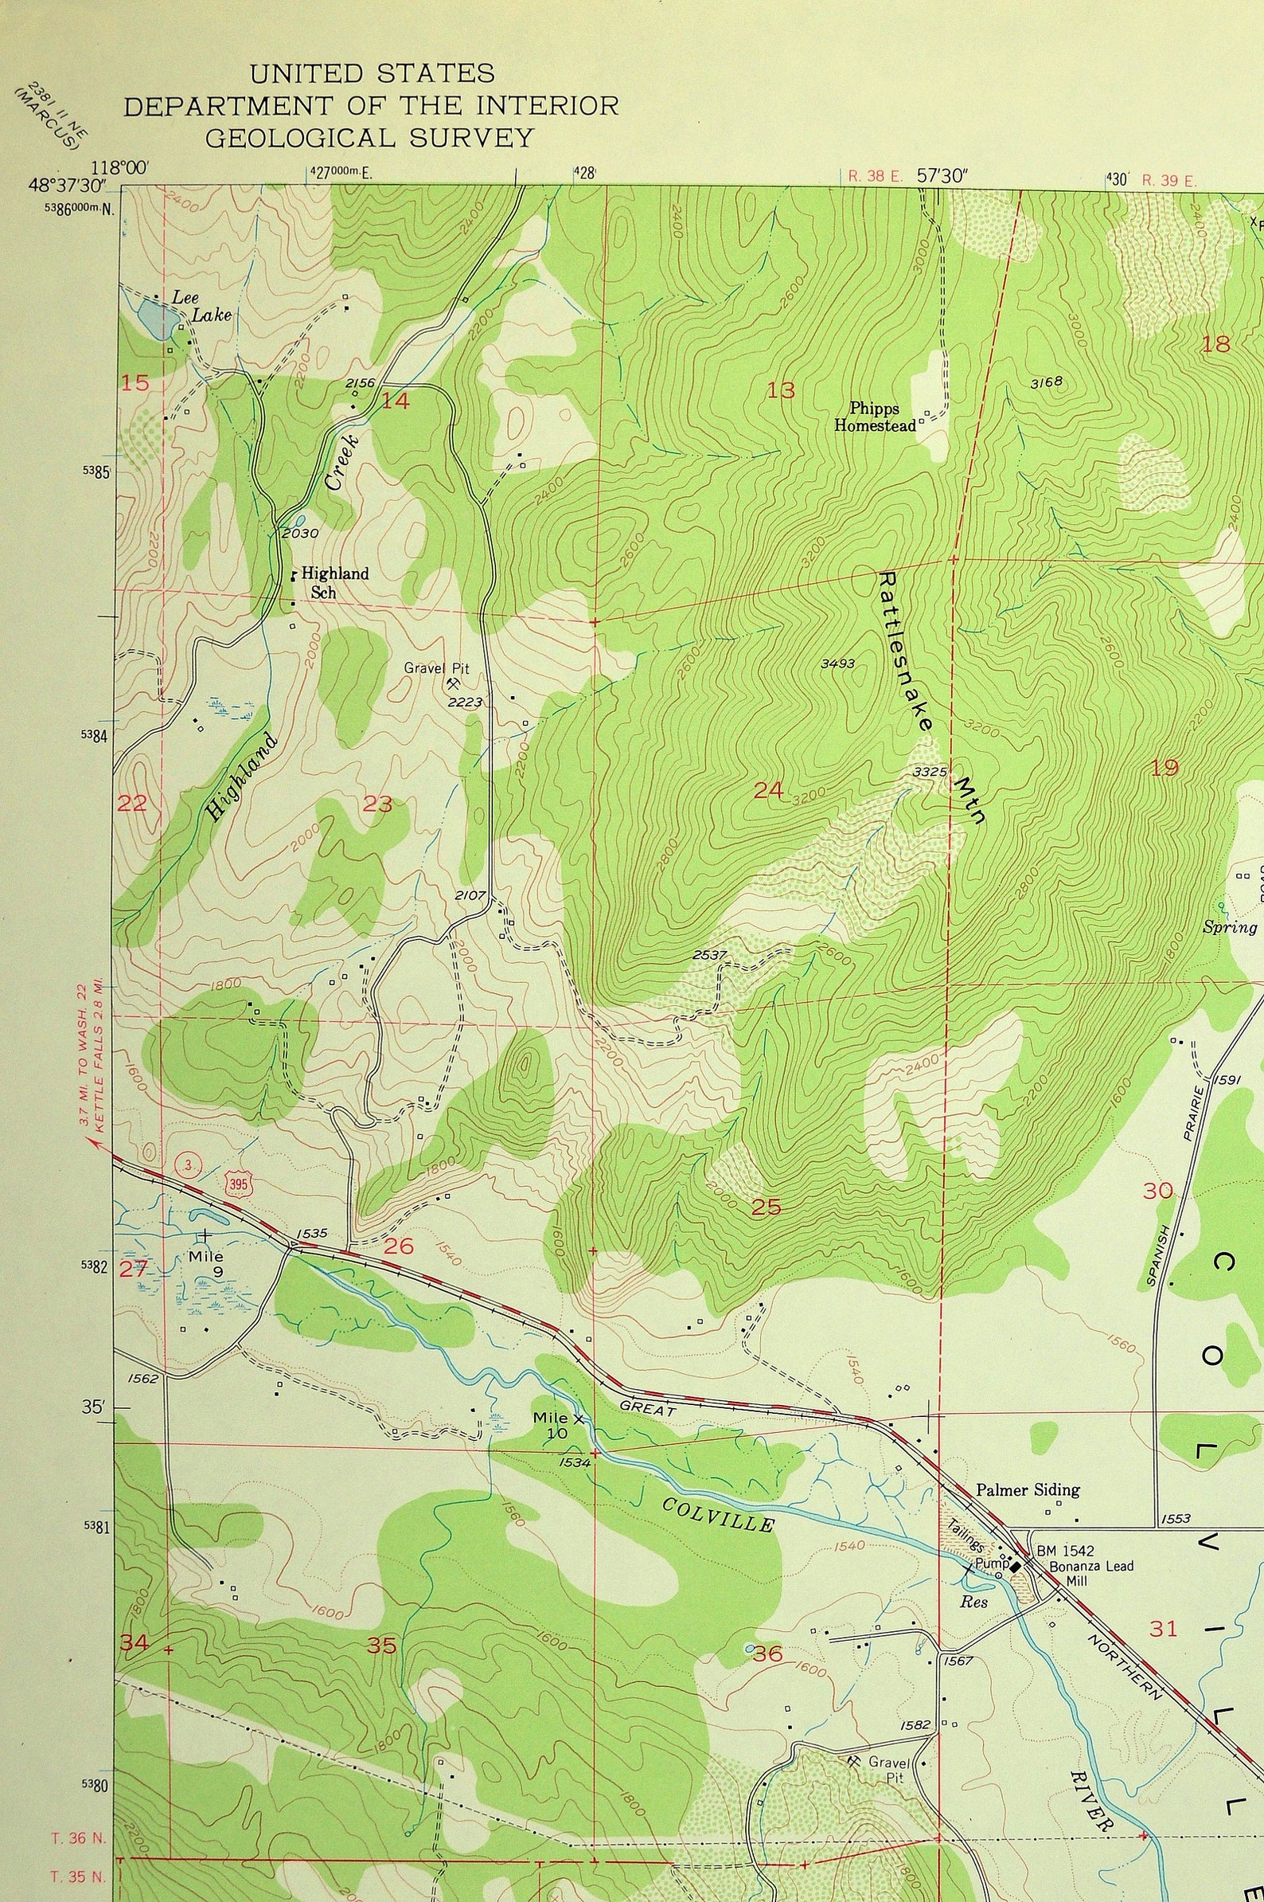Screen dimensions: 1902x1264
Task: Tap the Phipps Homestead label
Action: [x=875, y=417]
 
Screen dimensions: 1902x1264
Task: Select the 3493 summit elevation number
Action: [x=837, y=663]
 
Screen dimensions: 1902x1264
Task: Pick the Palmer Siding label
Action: [x=1027, y=1489]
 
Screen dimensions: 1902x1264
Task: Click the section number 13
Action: [x=780, y=391]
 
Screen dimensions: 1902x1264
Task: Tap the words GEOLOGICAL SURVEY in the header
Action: [x=369, y=139]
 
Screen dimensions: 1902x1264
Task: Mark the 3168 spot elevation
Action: [x=1047, y=382]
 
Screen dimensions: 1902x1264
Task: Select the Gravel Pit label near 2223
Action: [x=436, y=669]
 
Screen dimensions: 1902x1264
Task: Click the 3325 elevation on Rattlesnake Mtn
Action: [x=929, y=772]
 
